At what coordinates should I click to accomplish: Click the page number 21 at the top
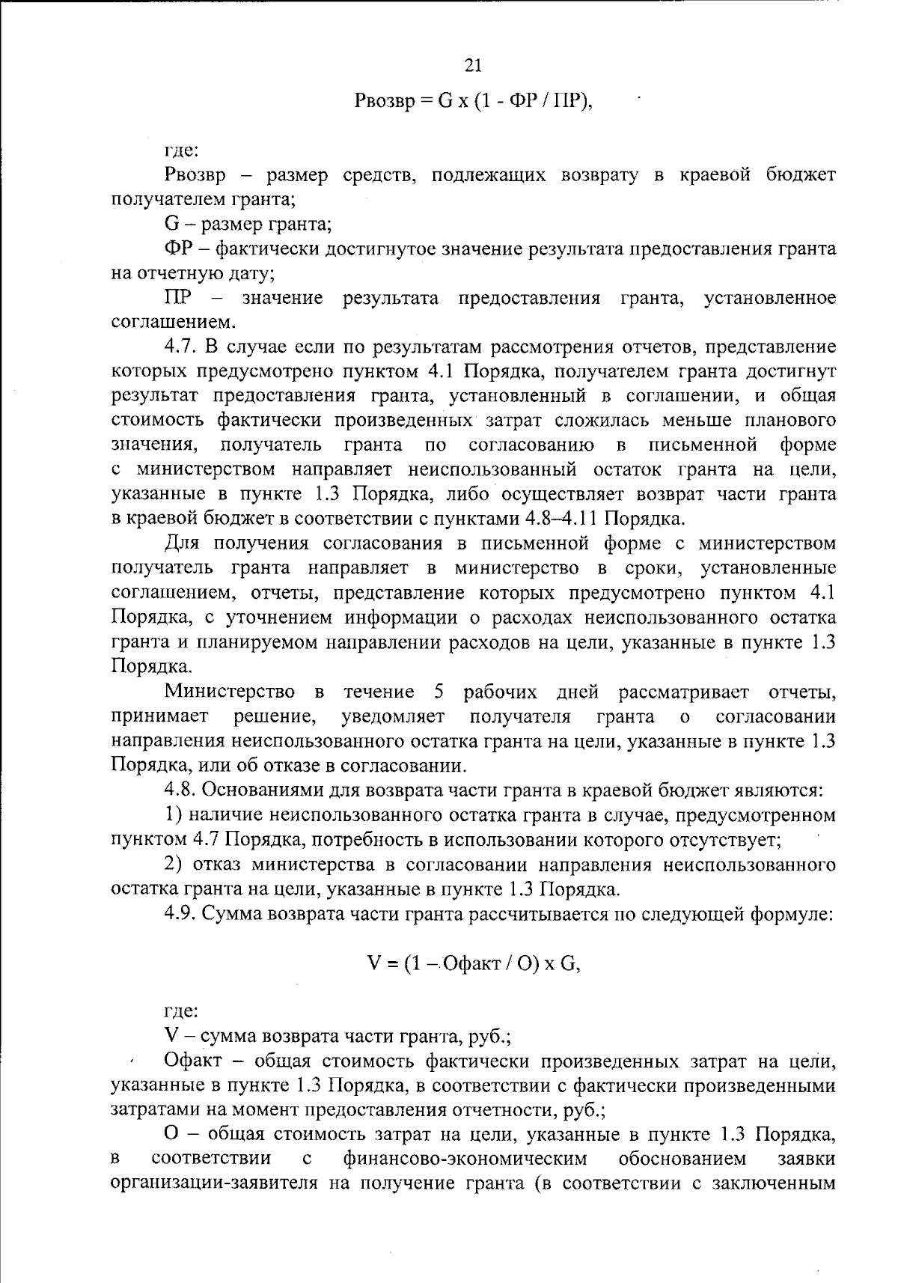coord(473,65)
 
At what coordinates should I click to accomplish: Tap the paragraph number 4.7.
coord(180,347)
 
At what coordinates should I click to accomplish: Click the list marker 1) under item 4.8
coord(173,814)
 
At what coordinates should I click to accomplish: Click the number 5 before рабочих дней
coord(439,691)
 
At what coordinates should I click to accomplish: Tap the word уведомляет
coord(393,716)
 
